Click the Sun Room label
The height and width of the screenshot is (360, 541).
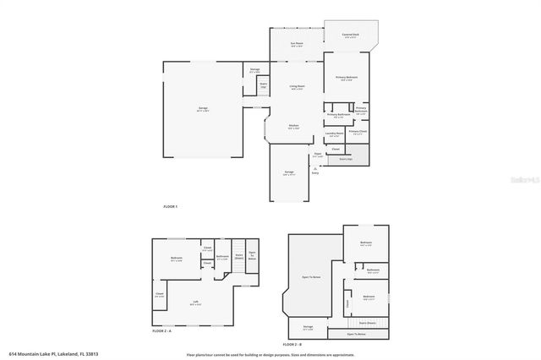[x=297, y=42]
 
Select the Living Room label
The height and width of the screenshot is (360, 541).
[x=297, y=85]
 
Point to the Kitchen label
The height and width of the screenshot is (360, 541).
[x=293, y=125]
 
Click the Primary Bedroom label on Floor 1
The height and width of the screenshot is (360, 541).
[x=347, y=77]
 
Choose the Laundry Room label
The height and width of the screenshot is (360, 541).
[x=334, y=132]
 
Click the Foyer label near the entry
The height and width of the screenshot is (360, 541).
[x=317, y=154]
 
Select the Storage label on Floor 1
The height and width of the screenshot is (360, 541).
[x=254, y=69]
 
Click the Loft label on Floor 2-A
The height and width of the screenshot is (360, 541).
[x=195, y=302]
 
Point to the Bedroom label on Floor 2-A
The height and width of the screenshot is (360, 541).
[x=177, y=258]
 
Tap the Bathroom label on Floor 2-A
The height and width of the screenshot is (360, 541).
[x=222, y=256]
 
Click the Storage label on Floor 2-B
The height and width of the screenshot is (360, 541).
[x=308, y=325]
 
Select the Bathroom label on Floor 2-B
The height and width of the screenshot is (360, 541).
[x=373, y=270]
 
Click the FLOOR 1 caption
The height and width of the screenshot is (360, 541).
[x=171, y=206]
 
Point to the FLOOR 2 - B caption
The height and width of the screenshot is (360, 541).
[x=292, y=344]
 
